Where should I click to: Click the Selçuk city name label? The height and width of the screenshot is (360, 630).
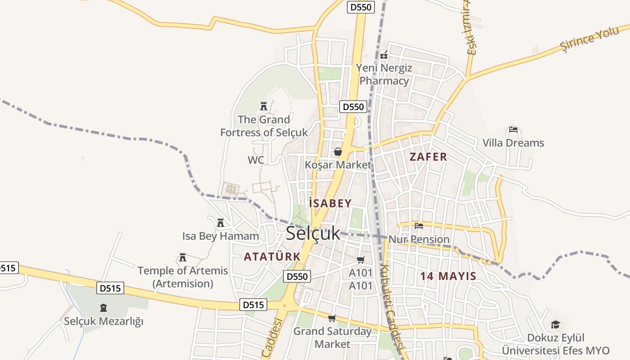(x=313, y=233)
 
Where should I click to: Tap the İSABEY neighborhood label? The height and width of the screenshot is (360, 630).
(x=330, y=203)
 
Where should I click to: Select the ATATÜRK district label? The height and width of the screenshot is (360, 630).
(x=272, y=256)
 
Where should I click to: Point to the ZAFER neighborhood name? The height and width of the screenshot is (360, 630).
(x=428, y=157)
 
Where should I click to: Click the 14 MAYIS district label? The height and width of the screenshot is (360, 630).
(x=448, y=276)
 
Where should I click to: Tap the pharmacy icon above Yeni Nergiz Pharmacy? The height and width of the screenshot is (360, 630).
(x=384, y=55)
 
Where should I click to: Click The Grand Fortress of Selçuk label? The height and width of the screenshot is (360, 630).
(x=264, y=126)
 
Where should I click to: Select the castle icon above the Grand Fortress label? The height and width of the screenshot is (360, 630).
(x=264, y=106)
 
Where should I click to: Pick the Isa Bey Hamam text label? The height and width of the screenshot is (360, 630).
(x=220, y=236)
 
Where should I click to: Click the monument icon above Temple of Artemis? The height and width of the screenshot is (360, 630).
(x=183, y=257)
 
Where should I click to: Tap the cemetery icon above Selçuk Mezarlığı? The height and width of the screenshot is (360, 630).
(x=103, y=308)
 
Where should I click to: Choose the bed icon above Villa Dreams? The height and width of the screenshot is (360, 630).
(x=513, y=130)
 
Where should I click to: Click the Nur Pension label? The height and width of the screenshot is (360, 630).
(x=419, y=239)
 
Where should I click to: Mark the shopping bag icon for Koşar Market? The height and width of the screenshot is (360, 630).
(x=337, y=152)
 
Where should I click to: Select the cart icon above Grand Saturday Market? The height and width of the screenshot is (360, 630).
(x=332, y=319)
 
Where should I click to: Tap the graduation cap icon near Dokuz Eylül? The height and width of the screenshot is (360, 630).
(x=556, y=324)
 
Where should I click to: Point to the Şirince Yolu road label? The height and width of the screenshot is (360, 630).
(x=589, y=39)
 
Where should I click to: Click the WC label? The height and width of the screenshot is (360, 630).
(x=256, y=160)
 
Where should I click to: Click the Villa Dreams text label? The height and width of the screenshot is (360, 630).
(x=513, y=143)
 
